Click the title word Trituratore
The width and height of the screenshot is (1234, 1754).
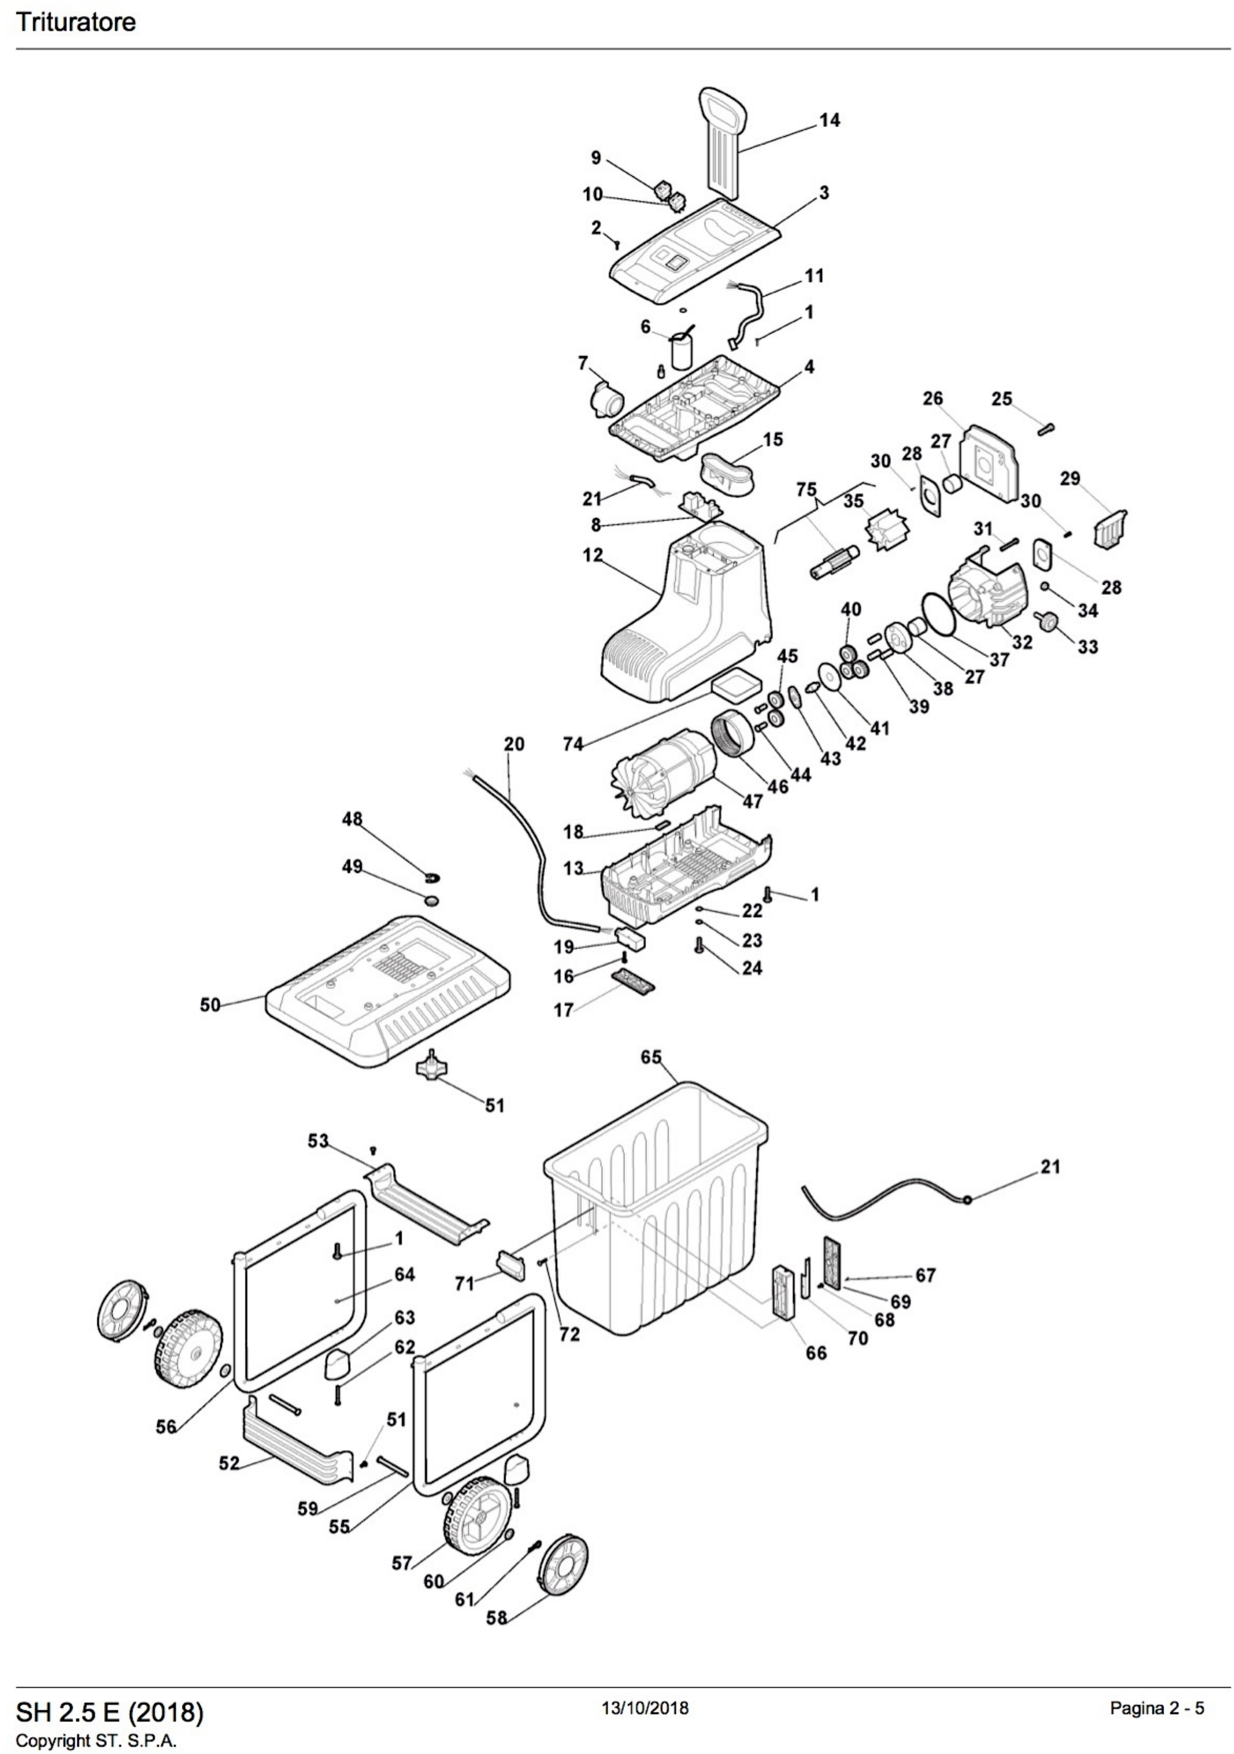(76, 22)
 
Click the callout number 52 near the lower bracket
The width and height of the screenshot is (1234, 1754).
(229, 1463)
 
